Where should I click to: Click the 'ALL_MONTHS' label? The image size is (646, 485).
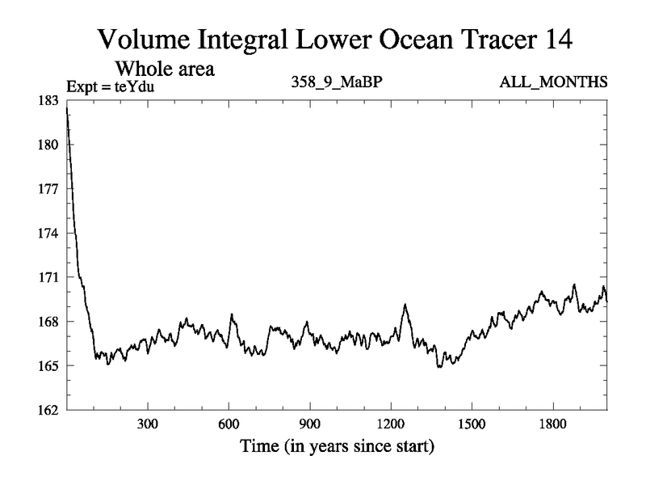point(554,82)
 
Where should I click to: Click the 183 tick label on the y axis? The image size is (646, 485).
point(49,100)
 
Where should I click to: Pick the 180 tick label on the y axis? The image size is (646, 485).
point(49,145)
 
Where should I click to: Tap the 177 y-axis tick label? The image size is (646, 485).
point(49,189)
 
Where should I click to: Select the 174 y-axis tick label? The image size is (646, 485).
point(49,233)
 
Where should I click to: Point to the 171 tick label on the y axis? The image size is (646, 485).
point(49,277)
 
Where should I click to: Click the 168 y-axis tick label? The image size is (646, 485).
point(49,322)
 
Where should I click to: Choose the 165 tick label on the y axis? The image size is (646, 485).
point(49,365)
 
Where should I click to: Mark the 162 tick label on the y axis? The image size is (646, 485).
point(49,410)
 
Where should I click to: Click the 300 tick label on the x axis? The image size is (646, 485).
point(147,424)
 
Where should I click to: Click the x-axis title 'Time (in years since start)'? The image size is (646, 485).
point(336,446)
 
